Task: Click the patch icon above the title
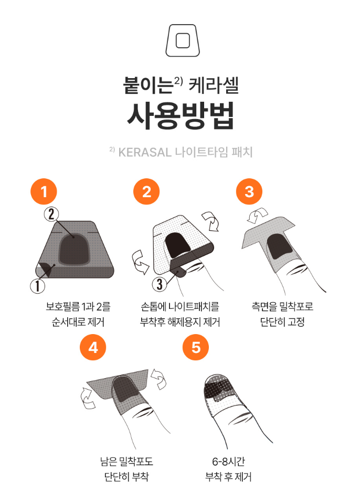[x=183, y=40]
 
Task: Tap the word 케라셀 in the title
[x=214, y=85]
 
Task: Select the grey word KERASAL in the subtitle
[x=145, y=153]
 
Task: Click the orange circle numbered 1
[x=44, y=192]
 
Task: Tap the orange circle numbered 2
[x=146, y=192]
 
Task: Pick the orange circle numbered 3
[x=249, y=192]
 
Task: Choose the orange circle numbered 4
[x=93, y=348]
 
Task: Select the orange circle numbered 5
[x=196, y=348]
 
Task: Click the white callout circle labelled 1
[x=38, y=285]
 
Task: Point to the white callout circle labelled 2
[x=51, y=215]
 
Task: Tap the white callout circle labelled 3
[x=160, y=284]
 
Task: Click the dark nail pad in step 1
[x=74, y=249]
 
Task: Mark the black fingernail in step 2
[x=178, y=245]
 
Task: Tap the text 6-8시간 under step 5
[x=228, y=462]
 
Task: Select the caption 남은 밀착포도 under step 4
[x=126, y=462]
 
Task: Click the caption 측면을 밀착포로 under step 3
[x=282, y=307]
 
